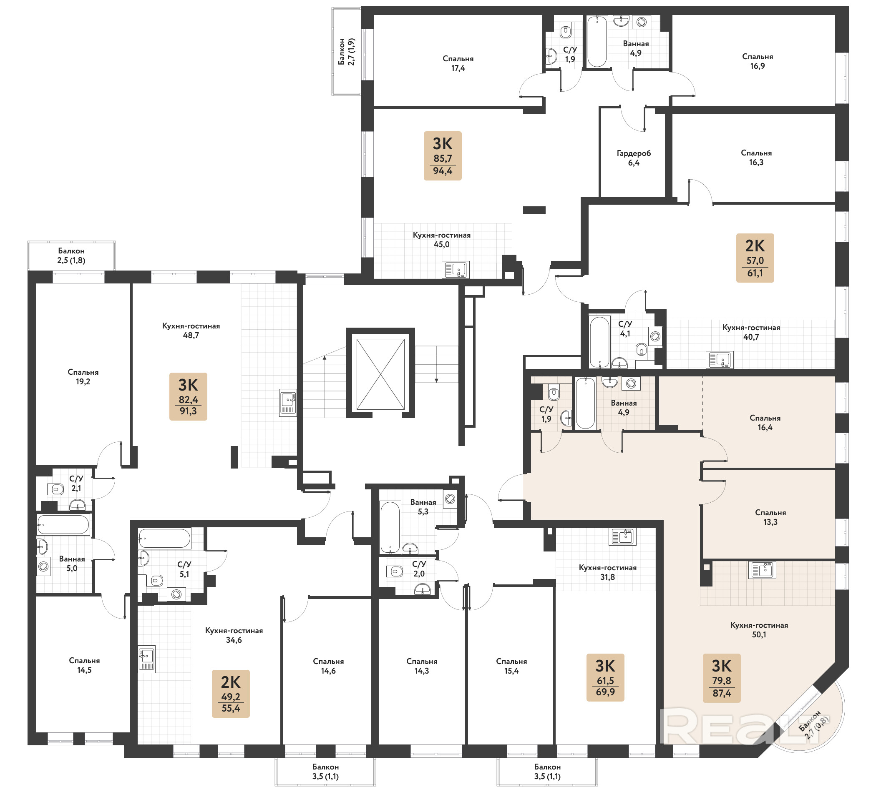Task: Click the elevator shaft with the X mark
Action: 380,373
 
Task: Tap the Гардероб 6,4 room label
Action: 634,158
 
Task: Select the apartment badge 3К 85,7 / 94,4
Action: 442,156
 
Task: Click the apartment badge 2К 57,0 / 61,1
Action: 755,258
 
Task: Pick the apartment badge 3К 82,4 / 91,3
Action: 188,396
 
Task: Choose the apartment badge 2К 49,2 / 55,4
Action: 231,694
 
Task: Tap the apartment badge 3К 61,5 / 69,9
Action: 605,678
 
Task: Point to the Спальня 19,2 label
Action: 83,377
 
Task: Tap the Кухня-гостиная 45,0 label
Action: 441,240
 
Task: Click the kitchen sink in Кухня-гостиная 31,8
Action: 622,537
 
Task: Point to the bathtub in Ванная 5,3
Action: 390,527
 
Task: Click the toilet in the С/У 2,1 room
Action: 55,489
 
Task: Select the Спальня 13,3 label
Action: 770,517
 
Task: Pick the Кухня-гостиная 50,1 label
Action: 759,629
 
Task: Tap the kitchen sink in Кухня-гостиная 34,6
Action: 147,659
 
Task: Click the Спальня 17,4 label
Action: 458,63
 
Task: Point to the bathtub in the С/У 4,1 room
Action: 600,342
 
